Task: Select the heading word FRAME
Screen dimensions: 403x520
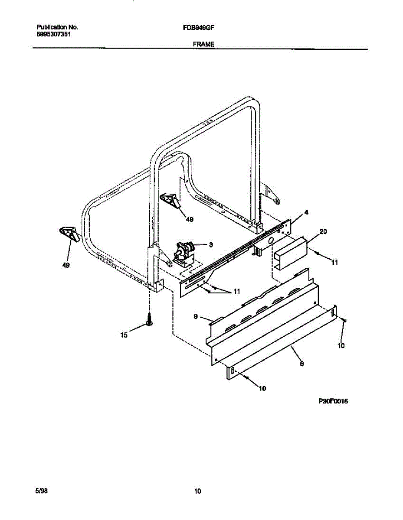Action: (204, 44)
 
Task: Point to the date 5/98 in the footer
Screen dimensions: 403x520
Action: (41, 491)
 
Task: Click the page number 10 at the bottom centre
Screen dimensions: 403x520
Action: (198, 491)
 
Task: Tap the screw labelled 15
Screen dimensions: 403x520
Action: (149, 321)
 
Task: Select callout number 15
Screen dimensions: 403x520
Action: (124, 335)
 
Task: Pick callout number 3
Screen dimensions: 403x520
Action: (211, 245)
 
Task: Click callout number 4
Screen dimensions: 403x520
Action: (306, 212)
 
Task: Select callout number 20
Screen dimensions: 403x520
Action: (323, 232)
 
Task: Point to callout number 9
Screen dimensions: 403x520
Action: (196, 317)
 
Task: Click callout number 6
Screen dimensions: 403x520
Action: (301, 364)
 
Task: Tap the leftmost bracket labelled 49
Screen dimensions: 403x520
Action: (67, 234)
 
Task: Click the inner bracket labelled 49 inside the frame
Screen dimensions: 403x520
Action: (171, 200)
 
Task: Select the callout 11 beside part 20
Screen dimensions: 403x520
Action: (334, 262)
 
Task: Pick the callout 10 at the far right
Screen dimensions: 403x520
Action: (341, 345)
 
